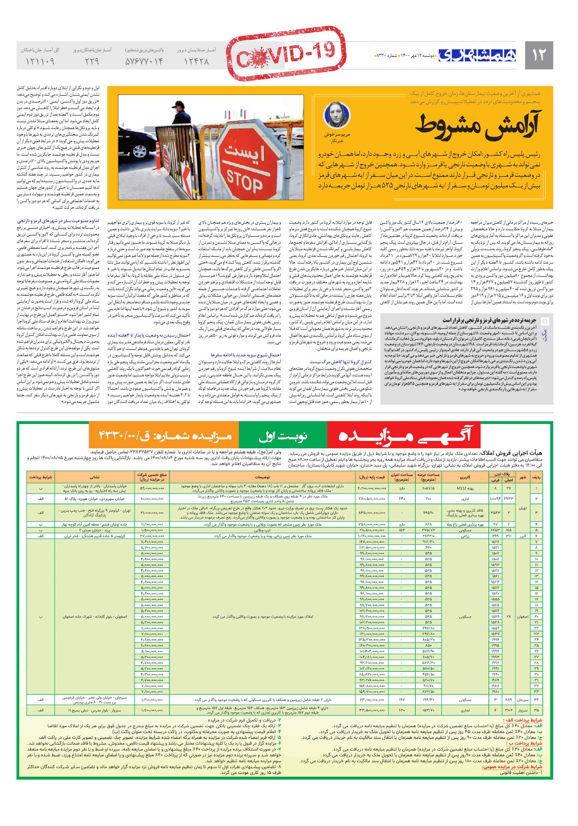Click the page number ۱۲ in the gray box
tap(538, 55)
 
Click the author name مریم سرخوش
tap(337, 135)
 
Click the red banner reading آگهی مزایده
tap(404, 436)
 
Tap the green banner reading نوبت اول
tap(283, 436)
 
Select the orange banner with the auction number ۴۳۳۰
tap(164, 436)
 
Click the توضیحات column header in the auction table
tap(262, 478)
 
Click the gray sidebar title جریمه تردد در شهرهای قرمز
tap(489, 320)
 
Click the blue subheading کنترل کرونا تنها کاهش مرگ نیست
tap(340, 362)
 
